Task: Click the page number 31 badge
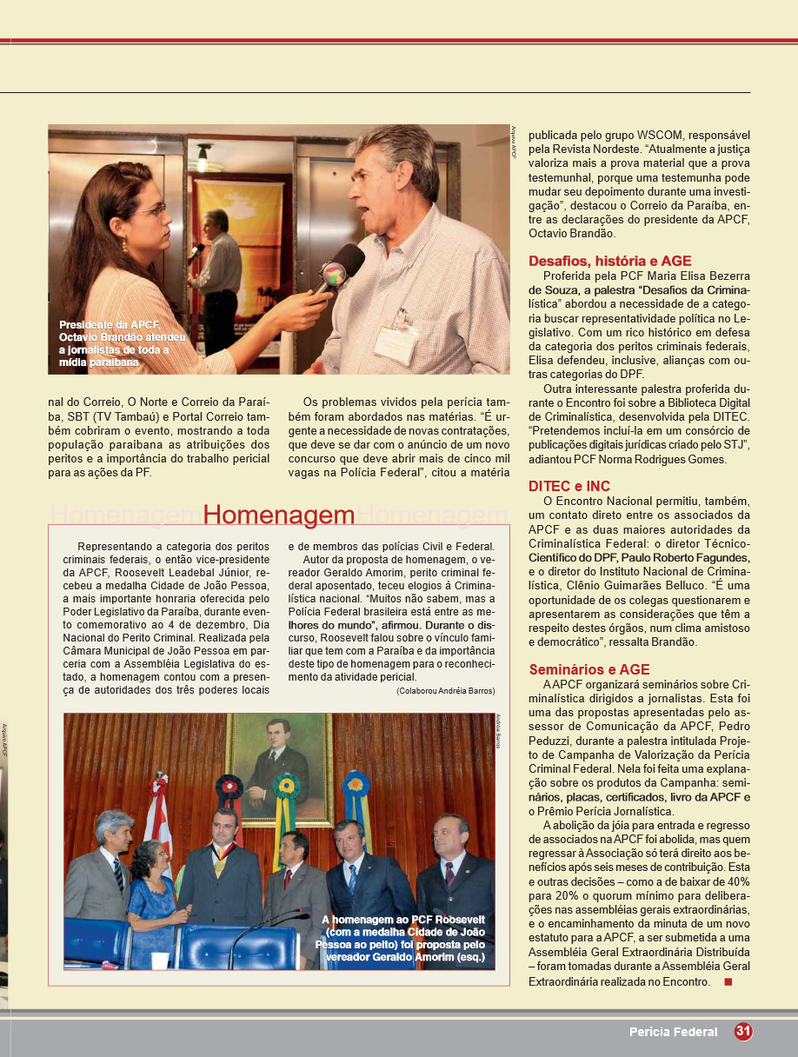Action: click(x=742, y=1032)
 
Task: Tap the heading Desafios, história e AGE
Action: click(x=610, y=261)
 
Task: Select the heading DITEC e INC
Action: click(x=569, y=486)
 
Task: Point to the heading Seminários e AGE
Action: click(x=589, y=669)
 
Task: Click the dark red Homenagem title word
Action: click(x=279, y=515)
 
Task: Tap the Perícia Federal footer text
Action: click(x=674, y=1033)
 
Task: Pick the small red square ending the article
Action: click(x=728, y=982)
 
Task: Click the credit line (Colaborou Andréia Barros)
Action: click(x=445, y=690)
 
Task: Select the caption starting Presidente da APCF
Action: click(x=122, y=342)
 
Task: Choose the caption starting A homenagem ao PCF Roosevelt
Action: click(x=402, y=940)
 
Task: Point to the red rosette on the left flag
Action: click(x=230, y=788)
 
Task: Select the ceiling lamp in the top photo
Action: click(x=203, y=158)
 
